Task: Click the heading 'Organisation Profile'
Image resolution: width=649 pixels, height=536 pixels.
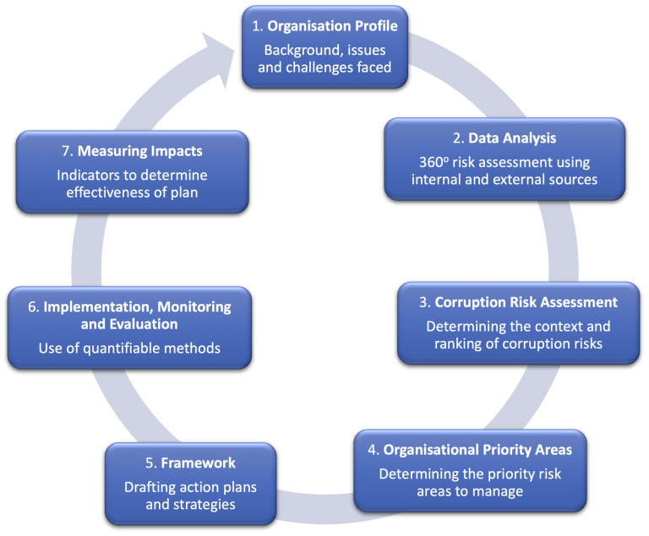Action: click(x=332, y=26)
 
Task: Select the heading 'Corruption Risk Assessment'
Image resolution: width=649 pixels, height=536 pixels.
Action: click(x=526, y=302)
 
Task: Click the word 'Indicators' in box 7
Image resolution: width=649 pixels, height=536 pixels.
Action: click(x=90, y=176)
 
